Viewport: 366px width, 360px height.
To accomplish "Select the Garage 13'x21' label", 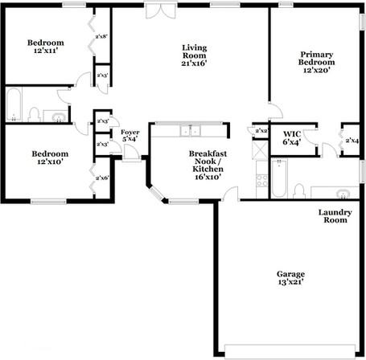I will point(291,279).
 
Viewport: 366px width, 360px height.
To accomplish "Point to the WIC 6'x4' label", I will point(292,138).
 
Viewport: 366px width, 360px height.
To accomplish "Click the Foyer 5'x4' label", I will point(130,137).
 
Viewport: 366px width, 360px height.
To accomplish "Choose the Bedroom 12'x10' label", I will point(49,158).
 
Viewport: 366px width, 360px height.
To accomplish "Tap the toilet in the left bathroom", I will point(35,112).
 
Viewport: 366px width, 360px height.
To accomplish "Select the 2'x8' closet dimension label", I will point(102,36).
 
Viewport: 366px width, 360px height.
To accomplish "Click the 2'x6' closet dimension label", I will point(102,178).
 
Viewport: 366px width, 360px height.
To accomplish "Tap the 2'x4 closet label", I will point(351,140).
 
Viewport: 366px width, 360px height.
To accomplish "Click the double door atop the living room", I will point(159,11).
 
